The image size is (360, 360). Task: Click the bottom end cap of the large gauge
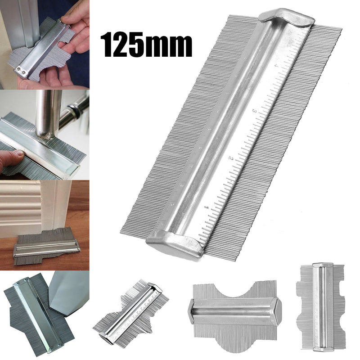(175, 243)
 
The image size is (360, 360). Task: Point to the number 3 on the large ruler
(255, 110)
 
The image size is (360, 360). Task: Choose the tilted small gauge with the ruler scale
(130, 315)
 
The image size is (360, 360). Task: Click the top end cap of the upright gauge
(322, 266)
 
